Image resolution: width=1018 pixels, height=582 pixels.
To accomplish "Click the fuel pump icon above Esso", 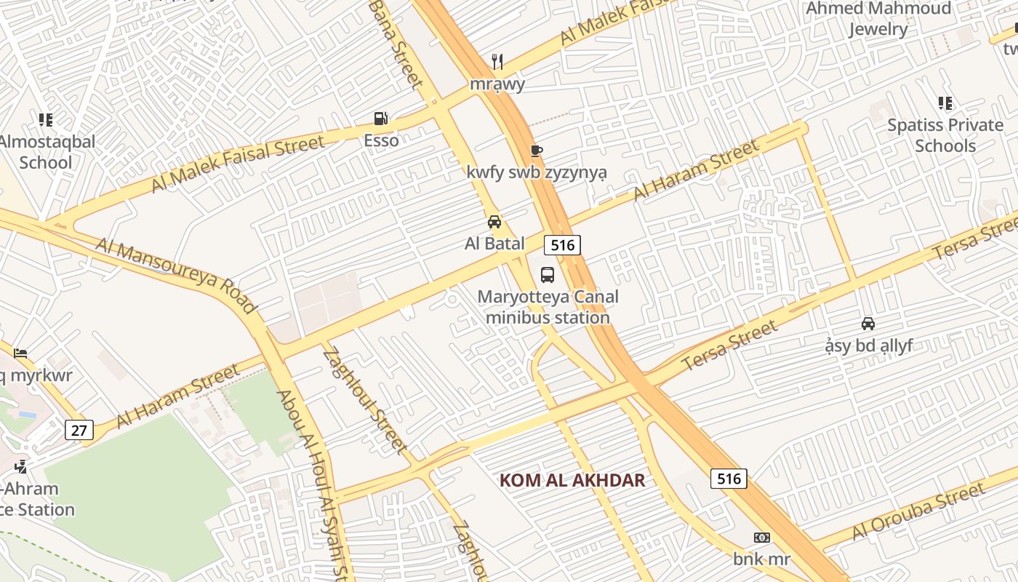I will (x=380, y=118).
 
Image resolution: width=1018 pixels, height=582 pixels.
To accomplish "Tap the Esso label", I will (x=381, y=140).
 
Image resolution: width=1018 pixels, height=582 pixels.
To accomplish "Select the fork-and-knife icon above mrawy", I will (x=497, y=62).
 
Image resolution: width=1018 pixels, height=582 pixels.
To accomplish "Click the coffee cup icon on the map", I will (x=537, y=151).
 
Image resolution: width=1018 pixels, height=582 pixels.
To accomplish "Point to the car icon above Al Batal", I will (x=494, y=221).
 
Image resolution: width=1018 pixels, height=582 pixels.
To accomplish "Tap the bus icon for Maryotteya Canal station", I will (x=548, y=275).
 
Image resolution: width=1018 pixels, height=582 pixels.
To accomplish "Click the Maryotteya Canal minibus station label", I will (x=548, y=307).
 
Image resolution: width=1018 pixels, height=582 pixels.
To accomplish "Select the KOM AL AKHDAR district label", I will (x=572, y=480).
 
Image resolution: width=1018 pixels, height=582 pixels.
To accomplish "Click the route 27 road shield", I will (x=79, y=430).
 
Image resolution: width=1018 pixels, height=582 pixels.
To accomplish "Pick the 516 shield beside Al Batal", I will (x=563, y=245).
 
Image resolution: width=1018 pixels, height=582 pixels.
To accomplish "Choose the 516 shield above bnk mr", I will (x=729, y=478).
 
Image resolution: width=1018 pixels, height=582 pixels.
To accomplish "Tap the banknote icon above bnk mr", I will (x=761, y=538).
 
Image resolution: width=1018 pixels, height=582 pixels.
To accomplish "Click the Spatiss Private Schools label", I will (x=945, y=135).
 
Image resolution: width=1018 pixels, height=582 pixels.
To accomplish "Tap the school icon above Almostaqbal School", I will (x=46, y=119).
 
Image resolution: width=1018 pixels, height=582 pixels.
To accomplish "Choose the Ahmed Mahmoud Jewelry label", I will (x=878, y=19).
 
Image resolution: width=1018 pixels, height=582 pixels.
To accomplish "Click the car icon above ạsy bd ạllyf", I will (x=868, y=323).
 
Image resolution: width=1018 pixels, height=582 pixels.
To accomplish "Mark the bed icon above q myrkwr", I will (x=20, y=354).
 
